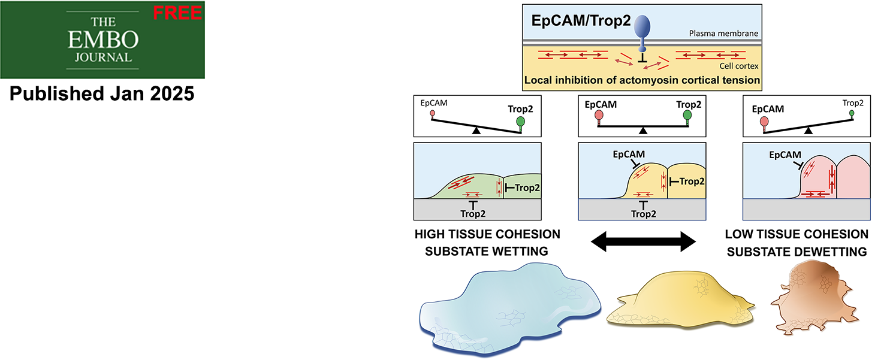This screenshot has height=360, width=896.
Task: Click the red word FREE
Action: point(177,13)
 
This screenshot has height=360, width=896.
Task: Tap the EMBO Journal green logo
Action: point(102,40)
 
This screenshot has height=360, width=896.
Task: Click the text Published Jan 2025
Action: point(102,93)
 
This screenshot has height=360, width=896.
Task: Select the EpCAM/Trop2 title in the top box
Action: point(581,20)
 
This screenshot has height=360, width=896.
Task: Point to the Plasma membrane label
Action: point(723,34)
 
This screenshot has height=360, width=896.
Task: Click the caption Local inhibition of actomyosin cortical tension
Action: point(642,80)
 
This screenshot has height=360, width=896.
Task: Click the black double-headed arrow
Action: point(643,241)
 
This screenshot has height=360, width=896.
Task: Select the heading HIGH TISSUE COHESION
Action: point(487,234)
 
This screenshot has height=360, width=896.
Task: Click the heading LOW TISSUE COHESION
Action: point(797,234)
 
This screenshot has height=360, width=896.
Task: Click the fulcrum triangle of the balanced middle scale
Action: point(643,131)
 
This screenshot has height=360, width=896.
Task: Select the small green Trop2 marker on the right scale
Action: point(852,114)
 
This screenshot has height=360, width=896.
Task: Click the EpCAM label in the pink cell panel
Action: point(785,155)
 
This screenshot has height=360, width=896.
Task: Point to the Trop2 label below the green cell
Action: point(473,214)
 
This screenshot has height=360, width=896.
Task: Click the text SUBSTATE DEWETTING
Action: point(797,252)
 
